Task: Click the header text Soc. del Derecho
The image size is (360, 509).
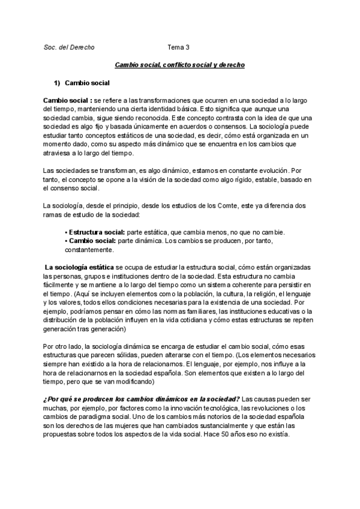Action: point(69,46)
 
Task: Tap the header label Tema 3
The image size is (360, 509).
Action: point(178,46)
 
